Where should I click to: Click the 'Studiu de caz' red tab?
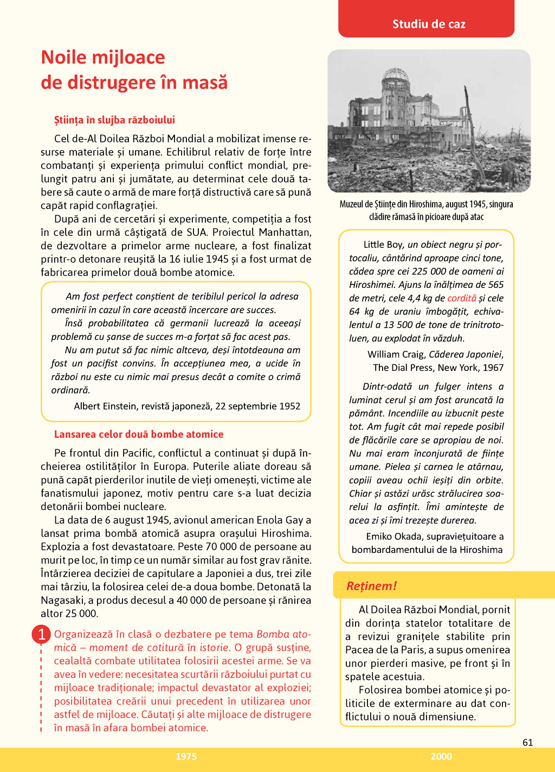pyautogui.click(x=429, y=24)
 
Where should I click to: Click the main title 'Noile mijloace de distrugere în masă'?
pyautogui.click(x=134, y=70)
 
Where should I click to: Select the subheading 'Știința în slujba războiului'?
pyautogui.click(x=114, y=120)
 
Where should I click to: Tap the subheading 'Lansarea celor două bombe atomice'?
pyautogui.click(x=138, y=434)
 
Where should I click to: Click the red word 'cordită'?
pyautogui.click(x=462, y=298)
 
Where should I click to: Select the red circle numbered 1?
pyautogui.click(x=41, y=634)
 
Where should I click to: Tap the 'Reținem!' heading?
pyautogui.click(x=371, y=586)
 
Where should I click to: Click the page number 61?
pyautogui.click(x=527, y=742)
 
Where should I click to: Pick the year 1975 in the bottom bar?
pyautogui.click(x=186, y=757)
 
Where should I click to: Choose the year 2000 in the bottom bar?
pyautogui.click(x=441, y=757)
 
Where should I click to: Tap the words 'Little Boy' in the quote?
pyautogui.click(x=383, y=245)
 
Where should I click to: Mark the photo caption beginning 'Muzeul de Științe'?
pyautogui.click(x=426, y=210)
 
